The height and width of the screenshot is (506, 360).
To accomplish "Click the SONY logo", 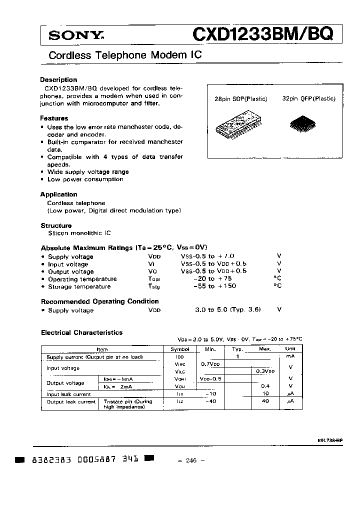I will click(x=69, y=35).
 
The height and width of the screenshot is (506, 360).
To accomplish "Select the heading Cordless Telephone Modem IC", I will click(x=125, y=55).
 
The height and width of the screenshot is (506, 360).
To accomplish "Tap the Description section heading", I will click(x=58, y=79).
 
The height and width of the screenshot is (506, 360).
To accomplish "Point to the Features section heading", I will click(x=54, y=118).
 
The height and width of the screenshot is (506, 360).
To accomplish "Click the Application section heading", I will click(x=58, y=194).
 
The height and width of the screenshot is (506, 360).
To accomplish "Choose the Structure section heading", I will click(x=56, y=225).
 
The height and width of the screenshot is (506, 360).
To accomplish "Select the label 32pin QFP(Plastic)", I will click(x=308, y=99).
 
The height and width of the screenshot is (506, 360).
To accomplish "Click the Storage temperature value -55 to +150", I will click(x=214, y=286).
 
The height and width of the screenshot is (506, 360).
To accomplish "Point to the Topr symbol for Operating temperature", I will click(x=154, y=279).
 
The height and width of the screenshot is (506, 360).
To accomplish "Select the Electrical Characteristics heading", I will click(x=81, y=332).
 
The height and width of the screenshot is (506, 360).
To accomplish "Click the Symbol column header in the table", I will click(x=180, y=349).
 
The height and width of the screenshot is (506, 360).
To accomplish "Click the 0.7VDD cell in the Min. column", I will click(x=210, y=364).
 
